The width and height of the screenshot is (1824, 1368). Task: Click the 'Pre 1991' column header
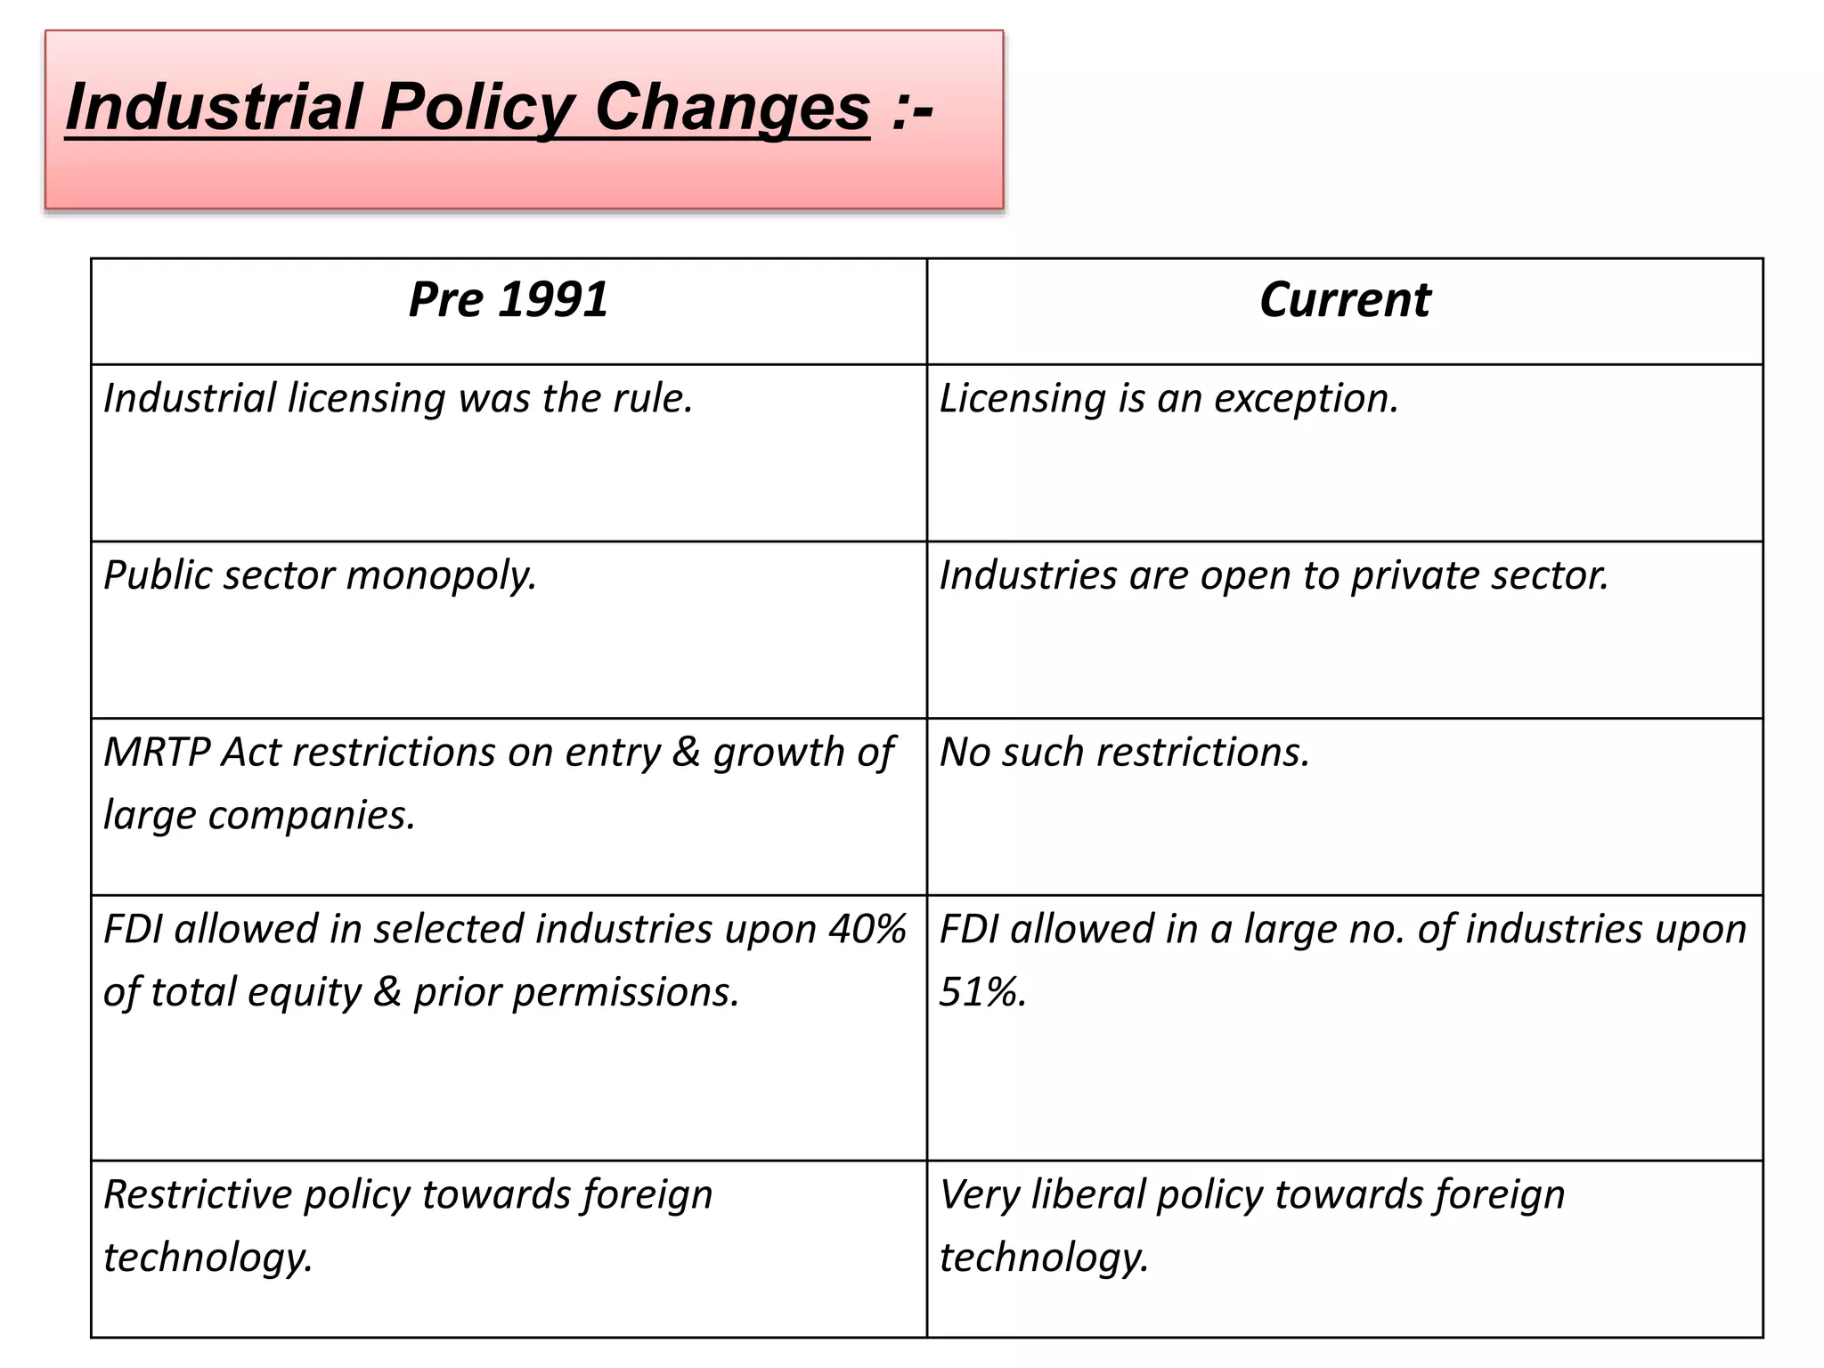pyautogui.click(x=509, y=299)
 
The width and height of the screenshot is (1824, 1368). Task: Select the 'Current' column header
pyautogui.click(x=1345, y=299)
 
